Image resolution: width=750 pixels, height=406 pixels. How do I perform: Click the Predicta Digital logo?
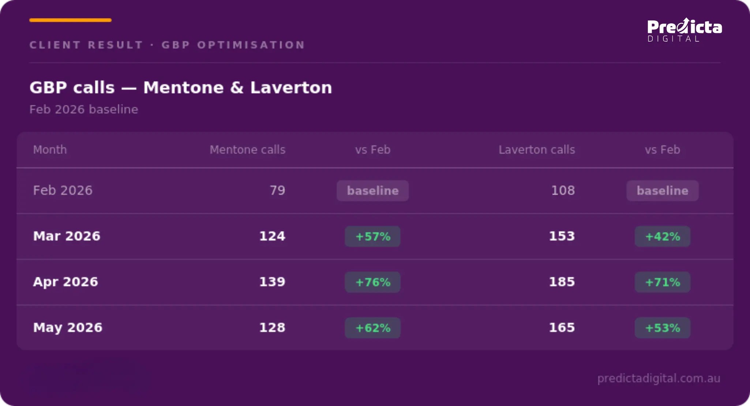point(685,30)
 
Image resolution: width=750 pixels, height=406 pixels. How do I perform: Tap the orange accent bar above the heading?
point(70,20)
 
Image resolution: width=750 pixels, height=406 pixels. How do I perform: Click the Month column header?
point(50,150)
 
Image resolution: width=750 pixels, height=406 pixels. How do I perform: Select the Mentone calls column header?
point(247,150)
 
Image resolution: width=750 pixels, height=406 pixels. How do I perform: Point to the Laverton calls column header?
point(537,150)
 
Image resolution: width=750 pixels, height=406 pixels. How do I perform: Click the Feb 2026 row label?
point(63,191)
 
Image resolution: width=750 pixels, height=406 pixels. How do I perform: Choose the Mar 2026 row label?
point(67,236)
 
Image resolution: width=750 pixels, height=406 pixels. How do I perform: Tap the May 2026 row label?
point(68,328)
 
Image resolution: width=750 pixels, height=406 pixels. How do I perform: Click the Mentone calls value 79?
point(277,191)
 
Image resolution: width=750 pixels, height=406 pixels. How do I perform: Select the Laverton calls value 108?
point(563,191)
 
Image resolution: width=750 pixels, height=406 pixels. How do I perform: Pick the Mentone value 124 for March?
point(272,236)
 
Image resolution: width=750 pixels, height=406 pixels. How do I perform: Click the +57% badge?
point(372,236)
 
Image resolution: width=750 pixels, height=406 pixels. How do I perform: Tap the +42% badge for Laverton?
point(663,236)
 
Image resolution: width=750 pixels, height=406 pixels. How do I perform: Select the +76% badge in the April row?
point(372,282)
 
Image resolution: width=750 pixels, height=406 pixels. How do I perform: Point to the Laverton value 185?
point(562,282)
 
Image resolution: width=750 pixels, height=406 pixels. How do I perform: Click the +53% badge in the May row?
point(663,328)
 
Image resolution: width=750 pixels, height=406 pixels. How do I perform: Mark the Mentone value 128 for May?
point(272,328)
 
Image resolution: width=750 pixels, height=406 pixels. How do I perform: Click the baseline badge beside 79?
point(372,191)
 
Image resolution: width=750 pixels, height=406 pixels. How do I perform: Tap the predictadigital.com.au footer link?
point(659,378)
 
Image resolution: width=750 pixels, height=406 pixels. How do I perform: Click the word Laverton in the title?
point(291,88)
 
